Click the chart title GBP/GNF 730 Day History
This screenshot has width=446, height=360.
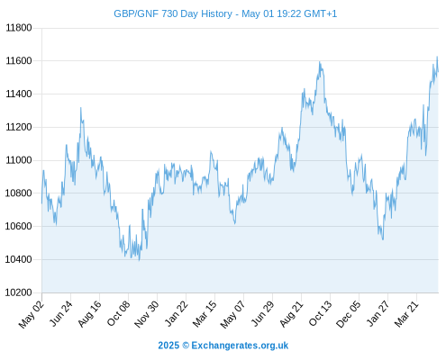pyautogui.click(x=173, y=13)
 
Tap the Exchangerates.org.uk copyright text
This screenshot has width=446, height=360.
pyautogui.click(x=223, y=346)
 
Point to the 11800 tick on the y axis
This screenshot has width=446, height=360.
pyautogui.click(x=19, y=28)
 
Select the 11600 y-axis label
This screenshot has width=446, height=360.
pyautogui.click(x=19, y=61)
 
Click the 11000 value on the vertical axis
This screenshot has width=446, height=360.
pyautogui.click(x=19, y=160)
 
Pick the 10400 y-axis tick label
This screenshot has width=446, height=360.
pyautogui.click(x=19, y=259)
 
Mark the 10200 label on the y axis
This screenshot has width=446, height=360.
pyautogui.click(x=19, y=292)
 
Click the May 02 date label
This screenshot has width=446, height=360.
pyautogui.click(x=32, y=314)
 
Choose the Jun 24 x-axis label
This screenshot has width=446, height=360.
pyautogui.click(x=60, y=314)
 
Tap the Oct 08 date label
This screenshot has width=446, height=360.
pyautogui.click(x=118, y=314)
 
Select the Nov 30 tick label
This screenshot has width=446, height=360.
pyautogui.click(x=146, y=314)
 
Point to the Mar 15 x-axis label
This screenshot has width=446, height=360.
pyautogui.click(x=205, y=314)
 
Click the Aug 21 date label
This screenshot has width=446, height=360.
pyautogui.click(x=291, y=314)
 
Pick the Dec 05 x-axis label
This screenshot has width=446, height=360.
pyautogui.click(x=349, y=314)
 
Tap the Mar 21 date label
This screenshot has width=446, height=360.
pyautogui.click(x=406, y=314)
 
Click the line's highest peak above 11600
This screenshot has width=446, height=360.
pyautogui.click(x=437, y=57)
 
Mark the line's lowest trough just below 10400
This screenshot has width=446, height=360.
pyautogui.click(x=139, y=260)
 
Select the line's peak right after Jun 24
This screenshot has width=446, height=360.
pyautogui.click(x=80, y=108)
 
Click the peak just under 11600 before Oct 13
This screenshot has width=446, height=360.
pyautogui.click(x=320, y=62)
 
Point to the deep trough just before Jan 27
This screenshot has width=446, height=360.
pyautogui.click(x=383, y=239)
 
